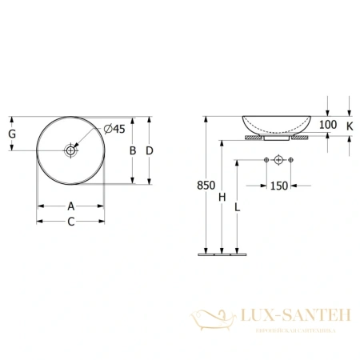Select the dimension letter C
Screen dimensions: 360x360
[71, 222]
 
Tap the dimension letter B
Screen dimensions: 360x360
[132, 150]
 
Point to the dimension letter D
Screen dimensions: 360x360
[150, 150]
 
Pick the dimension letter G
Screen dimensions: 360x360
[12, 134]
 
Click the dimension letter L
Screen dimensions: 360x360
[238, 206]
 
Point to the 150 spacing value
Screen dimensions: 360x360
[278, 186]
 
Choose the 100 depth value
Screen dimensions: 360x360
[328, 126]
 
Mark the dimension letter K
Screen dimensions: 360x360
[350, 126]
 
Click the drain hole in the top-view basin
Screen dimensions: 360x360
[71, 150]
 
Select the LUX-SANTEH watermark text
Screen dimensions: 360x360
[292, 314]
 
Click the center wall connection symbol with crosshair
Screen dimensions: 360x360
[278, 162]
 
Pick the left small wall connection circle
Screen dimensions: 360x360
[266, 162]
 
